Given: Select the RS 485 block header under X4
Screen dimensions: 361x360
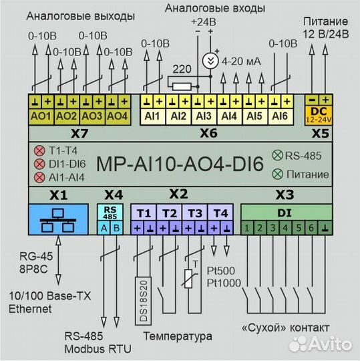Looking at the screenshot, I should (x=111, y=213).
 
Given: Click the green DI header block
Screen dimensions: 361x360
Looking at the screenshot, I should (x=286, y=213).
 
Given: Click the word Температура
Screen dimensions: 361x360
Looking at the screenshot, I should (x=178, y=336).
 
